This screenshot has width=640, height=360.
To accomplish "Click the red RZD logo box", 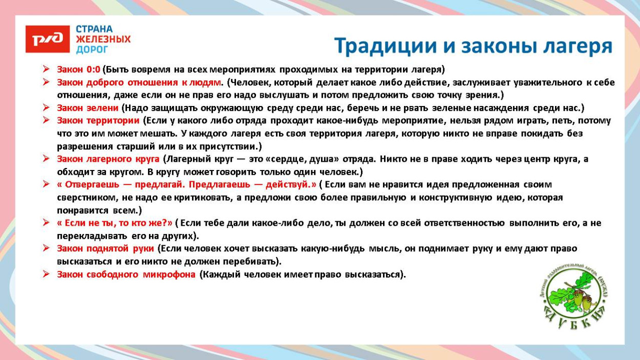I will (x=48, y=39).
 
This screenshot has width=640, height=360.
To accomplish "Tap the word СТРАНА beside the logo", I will (x=94, y=29).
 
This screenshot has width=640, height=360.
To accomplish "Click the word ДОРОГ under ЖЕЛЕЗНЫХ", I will (x=92, y=50).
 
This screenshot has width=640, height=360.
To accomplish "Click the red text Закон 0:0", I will (x=78, y=69).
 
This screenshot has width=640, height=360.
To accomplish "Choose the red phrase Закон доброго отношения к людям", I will (x=139, y=82).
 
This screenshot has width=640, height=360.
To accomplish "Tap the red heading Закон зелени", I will (x=88, y=108).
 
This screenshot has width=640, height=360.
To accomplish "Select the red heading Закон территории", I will (x=98, y=121).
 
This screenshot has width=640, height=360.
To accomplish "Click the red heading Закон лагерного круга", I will (x=108, y=159).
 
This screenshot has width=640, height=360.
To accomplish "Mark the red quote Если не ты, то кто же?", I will (x=115, y=223).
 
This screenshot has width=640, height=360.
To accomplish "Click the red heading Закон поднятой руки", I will (x=105, y=248).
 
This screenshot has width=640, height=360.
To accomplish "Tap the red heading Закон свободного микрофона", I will (x=126, y=274).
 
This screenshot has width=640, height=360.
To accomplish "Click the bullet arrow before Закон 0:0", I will (x=46, y=69).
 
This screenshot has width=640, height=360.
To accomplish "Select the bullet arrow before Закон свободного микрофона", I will (x=46, y=274).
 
